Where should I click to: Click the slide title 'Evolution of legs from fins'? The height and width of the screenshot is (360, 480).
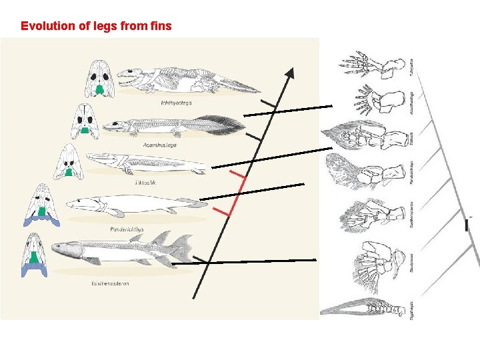(96, 27)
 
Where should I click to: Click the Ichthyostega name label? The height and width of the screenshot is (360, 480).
(175, 103)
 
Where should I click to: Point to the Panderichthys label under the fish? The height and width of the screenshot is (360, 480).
(127, 229)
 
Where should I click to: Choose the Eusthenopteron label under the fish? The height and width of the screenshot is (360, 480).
(110, 283)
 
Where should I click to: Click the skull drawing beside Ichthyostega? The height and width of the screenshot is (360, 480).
(100, 79)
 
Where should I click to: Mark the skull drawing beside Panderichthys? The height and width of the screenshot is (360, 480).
(42, 203)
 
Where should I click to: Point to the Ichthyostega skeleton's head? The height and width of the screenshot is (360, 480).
(130, 77)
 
